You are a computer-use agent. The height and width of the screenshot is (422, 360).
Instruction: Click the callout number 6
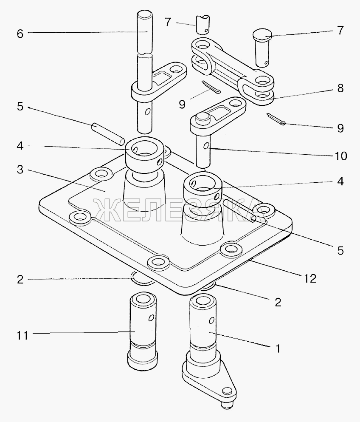[x=20, y=34]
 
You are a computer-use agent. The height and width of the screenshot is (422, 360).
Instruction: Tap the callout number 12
[x=310, y=278]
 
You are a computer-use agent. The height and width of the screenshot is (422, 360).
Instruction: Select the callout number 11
[x=22, y=336]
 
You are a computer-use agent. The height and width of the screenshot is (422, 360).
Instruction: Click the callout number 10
[x=340, y=156]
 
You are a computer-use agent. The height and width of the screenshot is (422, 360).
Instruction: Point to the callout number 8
[x=340, y=88]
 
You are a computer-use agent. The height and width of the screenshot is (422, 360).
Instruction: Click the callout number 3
[x=20, y=170]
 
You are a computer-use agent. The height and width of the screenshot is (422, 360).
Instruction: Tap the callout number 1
[x=278, y=349]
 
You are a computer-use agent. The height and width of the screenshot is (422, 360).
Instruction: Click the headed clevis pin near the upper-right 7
[x=262, y=48]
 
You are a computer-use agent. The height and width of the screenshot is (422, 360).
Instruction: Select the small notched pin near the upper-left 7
[x=203, y=25]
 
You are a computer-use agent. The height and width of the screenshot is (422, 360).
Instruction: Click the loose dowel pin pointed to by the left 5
[x=108, y=134]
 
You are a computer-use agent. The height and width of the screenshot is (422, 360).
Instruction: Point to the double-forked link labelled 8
[x=233, y=71]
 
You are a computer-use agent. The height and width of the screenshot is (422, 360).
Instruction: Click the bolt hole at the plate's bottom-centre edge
[x=159, y=262]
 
